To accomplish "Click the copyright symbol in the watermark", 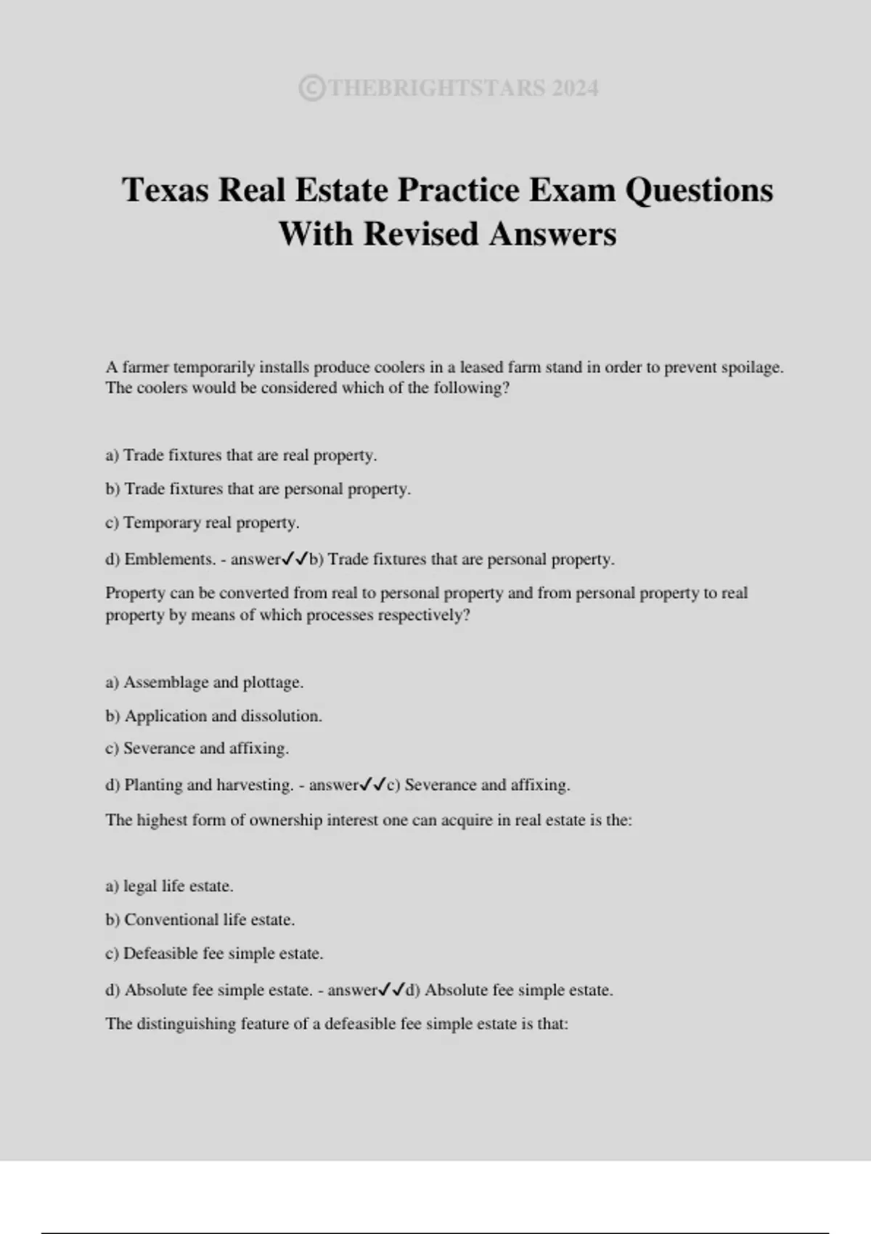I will click(311, 89).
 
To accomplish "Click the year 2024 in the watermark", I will click(575, 89).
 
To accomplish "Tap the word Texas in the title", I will click(166, 190).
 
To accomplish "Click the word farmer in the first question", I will click(145, 367).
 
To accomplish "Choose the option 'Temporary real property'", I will click(210, 523).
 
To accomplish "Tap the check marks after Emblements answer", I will click(295, 559).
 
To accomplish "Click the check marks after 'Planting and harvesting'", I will click(372, 784).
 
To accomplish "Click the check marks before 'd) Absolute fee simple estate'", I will click(391, 989).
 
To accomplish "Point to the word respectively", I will click(425, 616).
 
